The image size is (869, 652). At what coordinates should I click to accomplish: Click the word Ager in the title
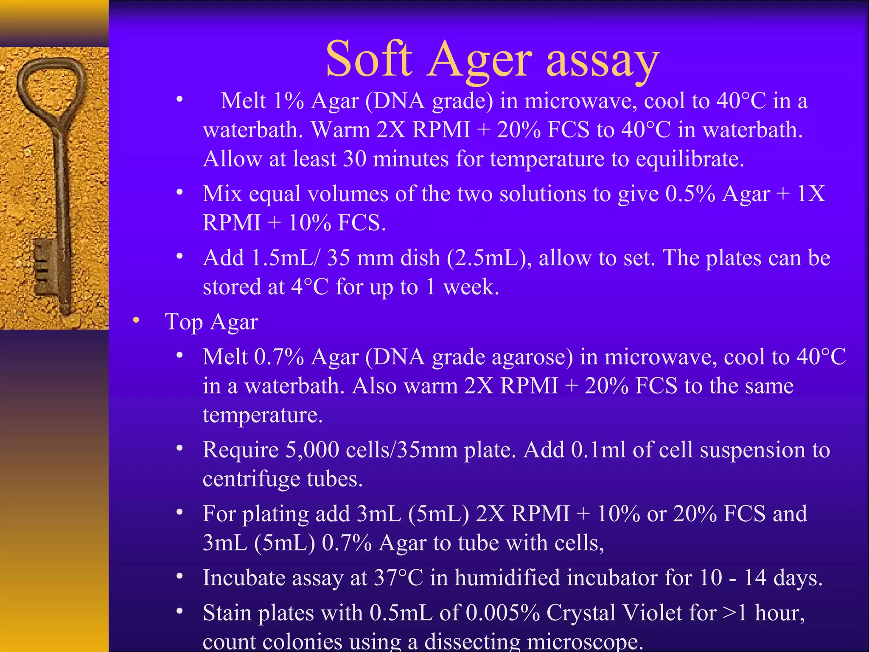click(x=480, y=61)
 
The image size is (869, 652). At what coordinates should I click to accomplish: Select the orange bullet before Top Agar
click(x=136, y=320)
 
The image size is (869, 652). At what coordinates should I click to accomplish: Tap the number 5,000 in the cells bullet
click(x=312, y=450)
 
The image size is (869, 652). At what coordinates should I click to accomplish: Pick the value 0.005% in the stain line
click(x=502, y=613)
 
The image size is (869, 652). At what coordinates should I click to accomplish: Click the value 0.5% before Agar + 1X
click(x=690, y=194)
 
